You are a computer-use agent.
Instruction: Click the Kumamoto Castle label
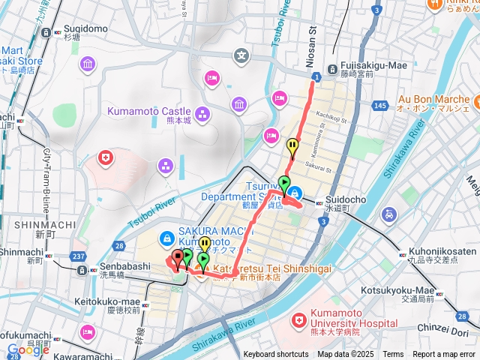[149, 111]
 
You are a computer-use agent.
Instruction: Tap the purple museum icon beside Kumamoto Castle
[202, 114]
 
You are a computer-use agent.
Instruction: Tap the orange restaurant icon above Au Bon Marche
[434, 4]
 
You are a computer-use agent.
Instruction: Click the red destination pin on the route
[178, 259]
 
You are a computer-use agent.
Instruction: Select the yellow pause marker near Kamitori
[292, 146]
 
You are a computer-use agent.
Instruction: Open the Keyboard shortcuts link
[275, 354]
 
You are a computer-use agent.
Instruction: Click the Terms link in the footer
[393, 354]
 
